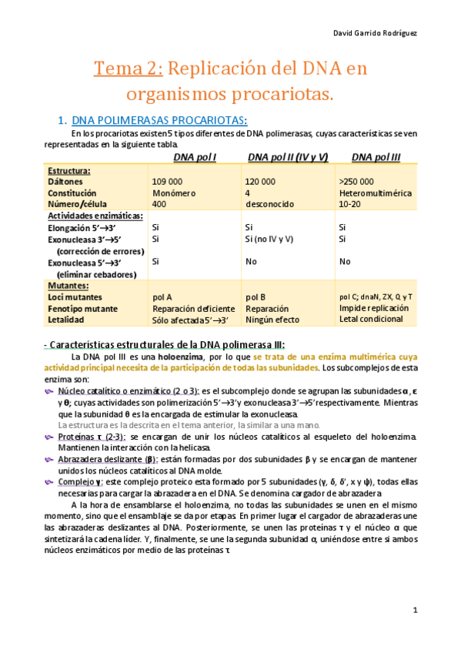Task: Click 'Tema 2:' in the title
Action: [x=128, y=69]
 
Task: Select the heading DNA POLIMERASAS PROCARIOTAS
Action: [x=159, y=120]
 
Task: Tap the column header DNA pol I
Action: [x=195, y=157]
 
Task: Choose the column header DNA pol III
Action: [x=376, y=157]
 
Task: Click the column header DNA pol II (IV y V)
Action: [x=288, y=157]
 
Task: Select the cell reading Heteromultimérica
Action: [x=375, y=193]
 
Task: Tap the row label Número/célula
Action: [x=77, y=204]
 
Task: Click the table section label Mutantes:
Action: [x=69, y=285]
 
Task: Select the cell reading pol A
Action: [x=162, y=296]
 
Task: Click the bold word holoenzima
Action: [x=181, y=357]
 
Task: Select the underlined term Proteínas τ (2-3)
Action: [x=92, y=436]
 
